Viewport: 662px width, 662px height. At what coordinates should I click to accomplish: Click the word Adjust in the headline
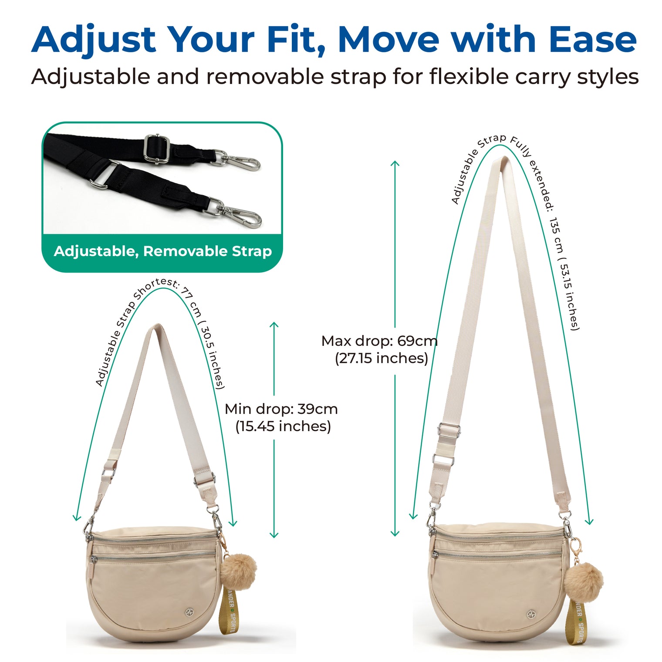pos(94,41)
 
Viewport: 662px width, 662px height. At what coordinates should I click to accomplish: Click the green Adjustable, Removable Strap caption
pos(162,251)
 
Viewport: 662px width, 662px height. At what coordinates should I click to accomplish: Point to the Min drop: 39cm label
pos(281,409)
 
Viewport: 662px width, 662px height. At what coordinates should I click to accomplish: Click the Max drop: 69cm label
pos(379,341)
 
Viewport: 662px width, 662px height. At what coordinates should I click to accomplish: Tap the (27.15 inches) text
pos(382,358)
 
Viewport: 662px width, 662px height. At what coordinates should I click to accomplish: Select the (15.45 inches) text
pos(283,426)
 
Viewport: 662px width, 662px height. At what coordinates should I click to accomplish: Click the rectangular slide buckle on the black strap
pos(156,148)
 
